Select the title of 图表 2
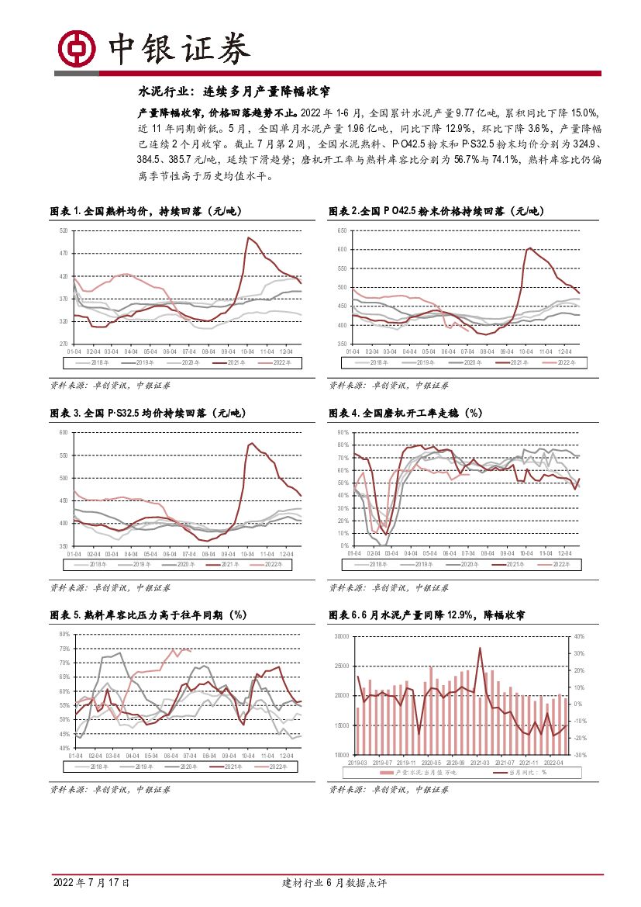[x=437, y=211]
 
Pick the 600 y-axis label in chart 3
[x=63, y=432]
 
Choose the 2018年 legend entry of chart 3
[x=97, y=564]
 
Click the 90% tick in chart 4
[x=342, y=432]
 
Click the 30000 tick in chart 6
[x=340, y=636]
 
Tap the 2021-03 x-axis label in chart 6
[x=481, y=762]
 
